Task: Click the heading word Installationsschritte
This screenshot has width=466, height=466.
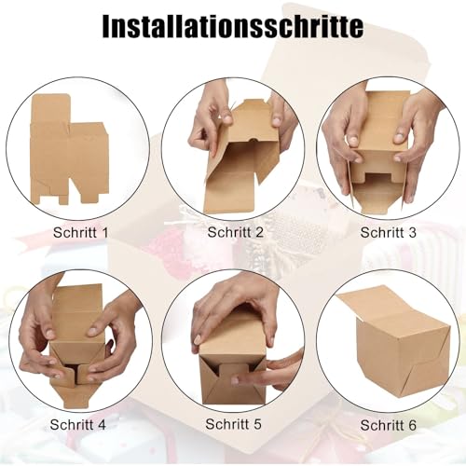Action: click(232, 26)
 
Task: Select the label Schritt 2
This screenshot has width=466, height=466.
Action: click(235, 231)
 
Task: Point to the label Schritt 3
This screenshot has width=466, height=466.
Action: click(388, 231)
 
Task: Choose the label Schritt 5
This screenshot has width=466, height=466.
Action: click(234, 425)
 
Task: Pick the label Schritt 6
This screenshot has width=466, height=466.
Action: click(388, 425)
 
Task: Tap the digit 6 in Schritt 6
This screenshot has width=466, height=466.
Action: click(412, 425)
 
